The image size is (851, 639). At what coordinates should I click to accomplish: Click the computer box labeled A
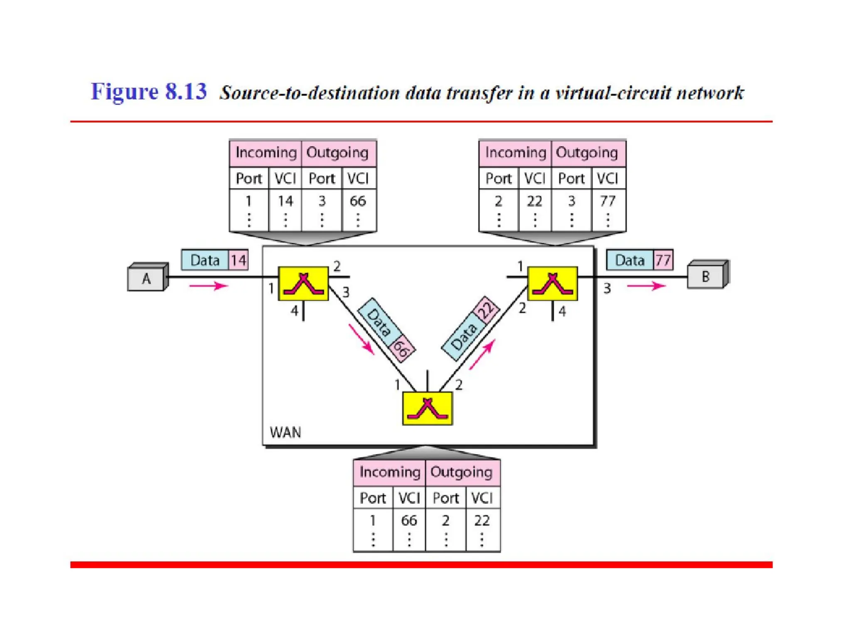tap(146, 278)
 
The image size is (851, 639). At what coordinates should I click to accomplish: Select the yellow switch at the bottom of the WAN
tap(427, 408)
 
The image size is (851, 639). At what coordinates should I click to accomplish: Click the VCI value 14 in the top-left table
tap(285, 201)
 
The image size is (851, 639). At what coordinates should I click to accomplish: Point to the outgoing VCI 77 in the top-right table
tap(608, 201)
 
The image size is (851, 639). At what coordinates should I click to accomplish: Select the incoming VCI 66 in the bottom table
tap(409, 520)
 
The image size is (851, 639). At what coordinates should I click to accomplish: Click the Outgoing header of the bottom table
tap(462, 472)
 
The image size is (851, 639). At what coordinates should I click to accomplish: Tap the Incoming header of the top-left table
tap(266, 153)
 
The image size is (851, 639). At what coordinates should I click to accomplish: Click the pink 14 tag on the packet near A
tap(239, 260)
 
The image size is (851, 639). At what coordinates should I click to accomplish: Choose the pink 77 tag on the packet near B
tap(663, 260)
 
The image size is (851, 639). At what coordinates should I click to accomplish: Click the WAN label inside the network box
tap(285, 432)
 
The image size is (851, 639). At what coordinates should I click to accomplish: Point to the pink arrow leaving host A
tap(209, 286)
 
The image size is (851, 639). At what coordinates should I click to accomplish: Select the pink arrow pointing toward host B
tap(646, 286)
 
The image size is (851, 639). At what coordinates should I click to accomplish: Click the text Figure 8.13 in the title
tap(149, 92)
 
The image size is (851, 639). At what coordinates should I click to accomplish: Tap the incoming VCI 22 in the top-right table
tap(534, 201)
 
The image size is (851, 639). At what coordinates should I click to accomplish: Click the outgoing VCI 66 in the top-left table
tap(358, 201)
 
